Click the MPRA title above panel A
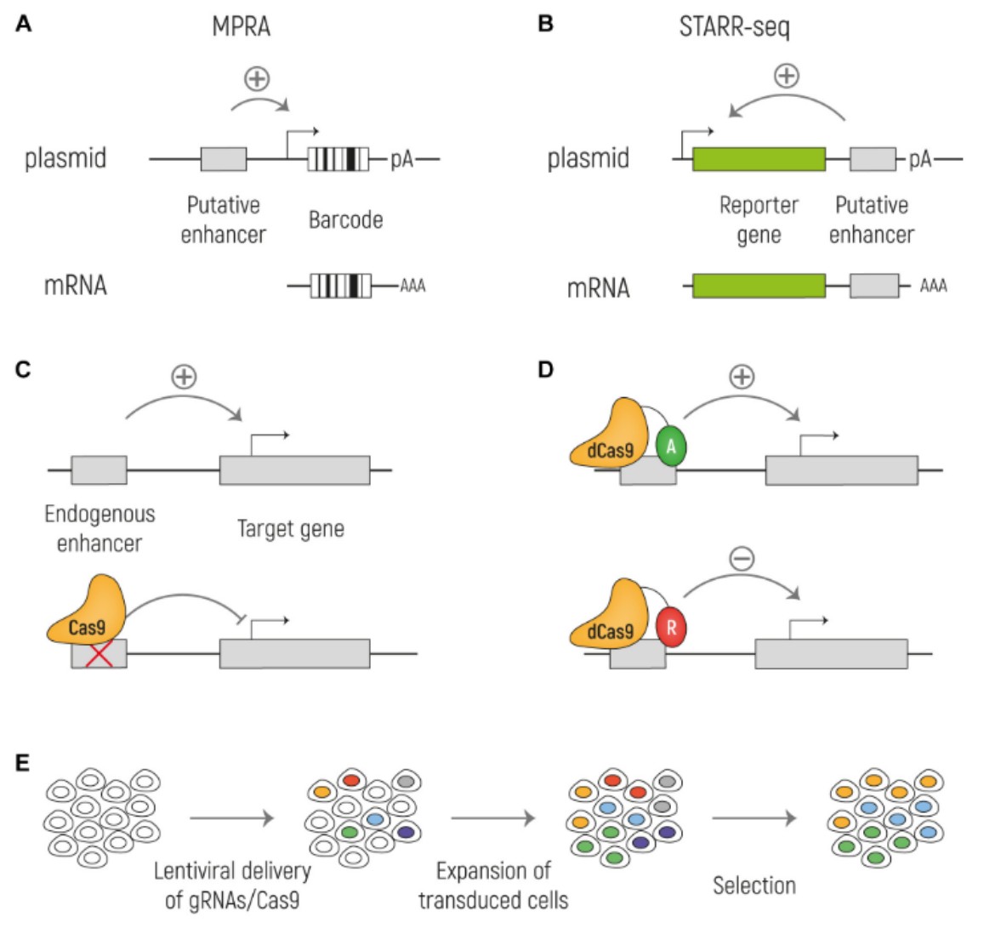click(242, 27)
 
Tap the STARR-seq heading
click(734, 27)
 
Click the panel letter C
click(23, 369)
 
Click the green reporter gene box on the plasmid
click(759, 159)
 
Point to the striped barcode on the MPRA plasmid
click(338, 159)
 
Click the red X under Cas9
click(99, 654)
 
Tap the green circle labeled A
click(671, 447)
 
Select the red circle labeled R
click(671, 628)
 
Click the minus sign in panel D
click(742, 558)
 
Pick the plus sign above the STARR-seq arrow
click(787, 76)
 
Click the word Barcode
click(345, 219)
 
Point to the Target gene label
click(291, 529)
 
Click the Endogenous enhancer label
click(99, 528)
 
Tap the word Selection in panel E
click(753, 885)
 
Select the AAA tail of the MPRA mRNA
click(412, 286)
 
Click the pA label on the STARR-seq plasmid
click(920, 159)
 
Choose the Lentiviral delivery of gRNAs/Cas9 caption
click(232, 885)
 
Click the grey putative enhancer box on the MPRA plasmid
click(224, 159)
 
